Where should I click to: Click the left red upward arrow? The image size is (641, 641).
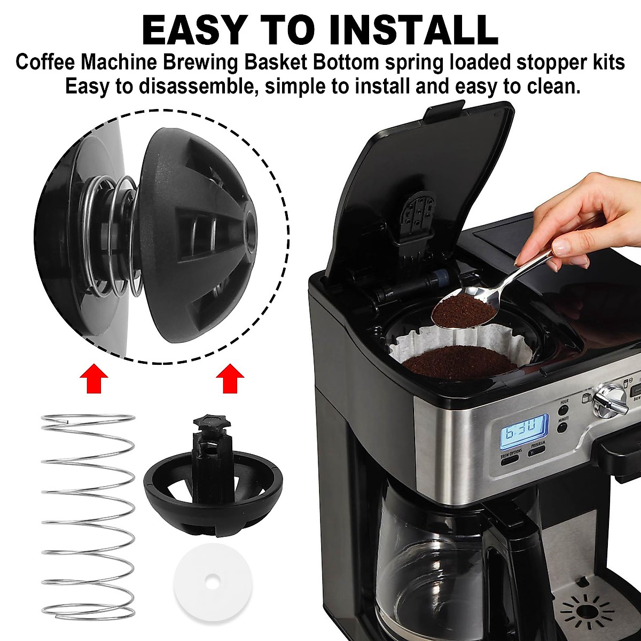point(94,379)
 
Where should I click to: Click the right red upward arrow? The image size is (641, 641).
point(230,379)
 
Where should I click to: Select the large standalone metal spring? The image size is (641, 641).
point(88,515)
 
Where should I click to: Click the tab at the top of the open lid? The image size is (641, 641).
point(443,111)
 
